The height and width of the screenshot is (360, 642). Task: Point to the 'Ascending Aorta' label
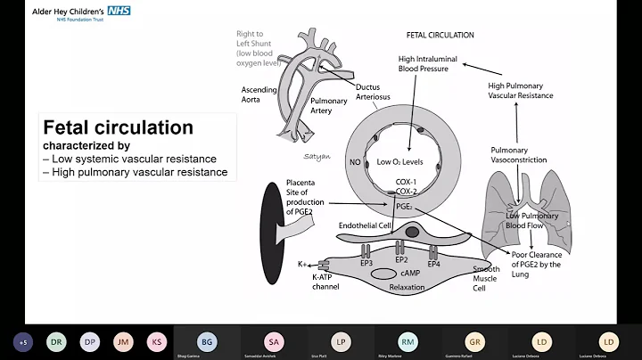tap(259, 95)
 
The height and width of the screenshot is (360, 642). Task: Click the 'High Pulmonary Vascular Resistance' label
tap(521, 90)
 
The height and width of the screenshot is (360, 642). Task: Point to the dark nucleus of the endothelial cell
tap(410, 232)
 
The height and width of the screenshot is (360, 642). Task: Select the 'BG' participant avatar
tap(207, 341)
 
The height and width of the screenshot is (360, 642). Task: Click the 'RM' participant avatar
tap(407, 341)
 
